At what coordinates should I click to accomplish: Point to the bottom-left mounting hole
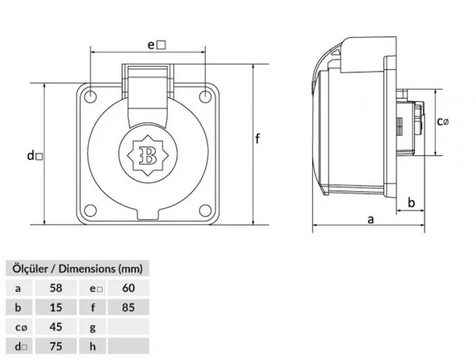(92, 211)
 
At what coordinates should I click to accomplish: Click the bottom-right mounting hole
(207, 211)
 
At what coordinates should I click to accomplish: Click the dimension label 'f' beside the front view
(258, 141)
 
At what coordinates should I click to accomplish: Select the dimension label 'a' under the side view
(371, 219)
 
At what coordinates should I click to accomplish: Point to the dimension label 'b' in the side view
(411, 202)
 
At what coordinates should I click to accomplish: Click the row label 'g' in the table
(94, 327)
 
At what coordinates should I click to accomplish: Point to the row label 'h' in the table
(94, 347)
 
